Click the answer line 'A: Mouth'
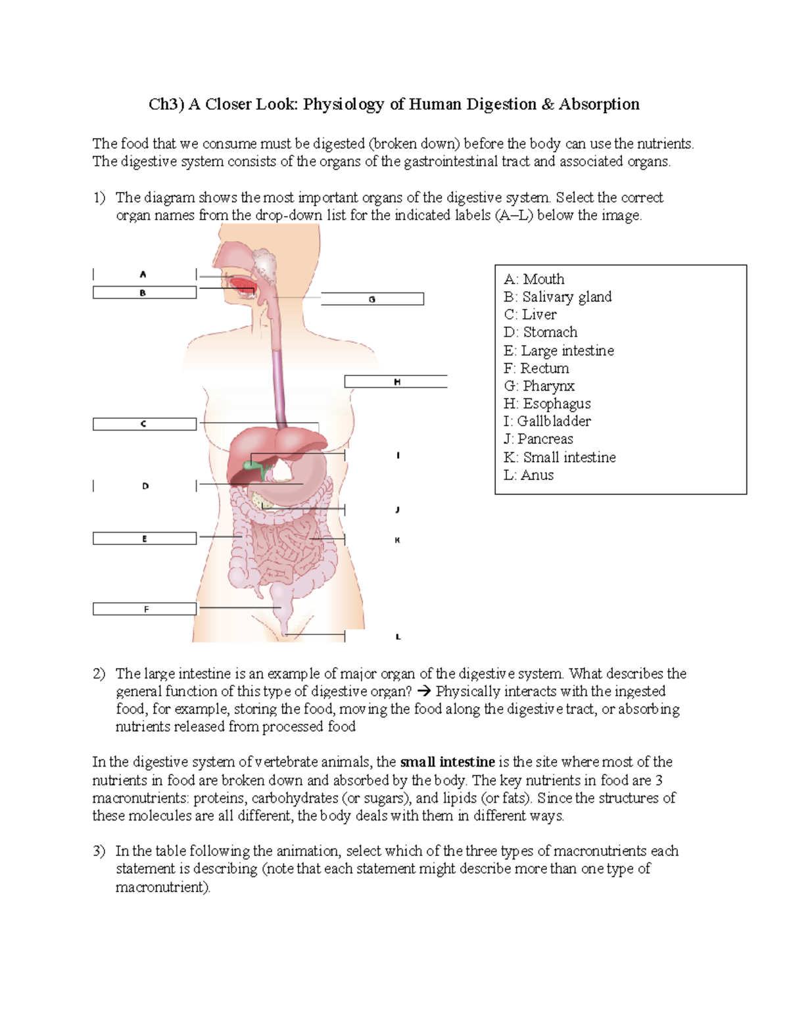[x=534, y=279]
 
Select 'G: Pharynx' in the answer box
[x=538, y=386]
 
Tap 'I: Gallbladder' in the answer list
[x=547, y=421]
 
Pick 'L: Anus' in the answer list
[x=529, y=475]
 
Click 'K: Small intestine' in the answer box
[x=560, y=458]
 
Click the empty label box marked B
[x=145, y=293]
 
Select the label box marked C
[x=145, y=425]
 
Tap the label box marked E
[x=145, y=539]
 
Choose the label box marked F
[x=145, y=609]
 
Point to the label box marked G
[x=372, y=300]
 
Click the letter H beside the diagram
[x=397, y=382]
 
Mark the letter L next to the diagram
[x=398, y=637]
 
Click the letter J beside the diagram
[x=398, y=510]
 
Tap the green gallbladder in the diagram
[x=252, y=465]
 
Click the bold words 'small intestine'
[x=447, y=762]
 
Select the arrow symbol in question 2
[x=424, y=692]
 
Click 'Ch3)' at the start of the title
[x=166, y=105]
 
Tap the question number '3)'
[x=99, y=851]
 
